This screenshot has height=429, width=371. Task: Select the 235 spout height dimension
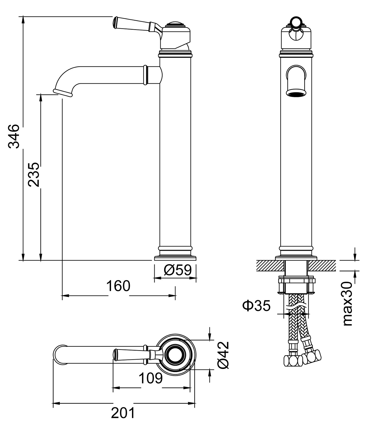pos(34,174)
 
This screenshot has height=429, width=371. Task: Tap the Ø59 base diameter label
pos(178,270)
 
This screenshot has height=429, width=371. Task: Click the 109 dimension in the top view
pos(150,378)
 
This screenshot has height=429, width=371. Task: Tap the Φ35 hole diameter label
pos(256,306)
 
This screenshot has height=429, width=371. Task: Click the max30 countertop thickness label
pos(348,304)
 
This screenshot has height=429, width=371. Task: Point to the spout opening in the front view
pos(296,94)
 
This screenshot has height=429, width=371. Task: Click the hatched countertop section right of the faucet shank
pos(322,265)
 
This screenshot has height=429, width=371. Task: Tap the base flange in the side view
pos(175,258)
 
